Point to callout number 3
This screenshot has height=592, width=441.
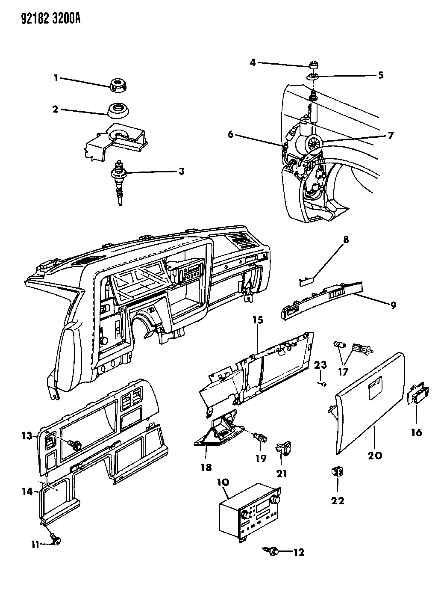pyautogui.click(x=181, y=172)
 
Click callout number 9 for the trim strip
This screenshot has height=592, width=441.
pyautogui.click(x=392, y=305)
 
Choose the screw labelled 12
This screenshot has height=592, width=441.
pyautogui.click(x=272, y=551)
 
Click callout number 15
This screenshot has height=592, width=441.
pyautogui.click(x=258, y=320)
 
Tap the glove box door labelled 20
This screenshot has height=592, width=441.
pyautogui.click(x=367, y=406)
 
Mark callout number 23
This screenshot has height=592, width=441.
pyautogui.click(x=320, y=365)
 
